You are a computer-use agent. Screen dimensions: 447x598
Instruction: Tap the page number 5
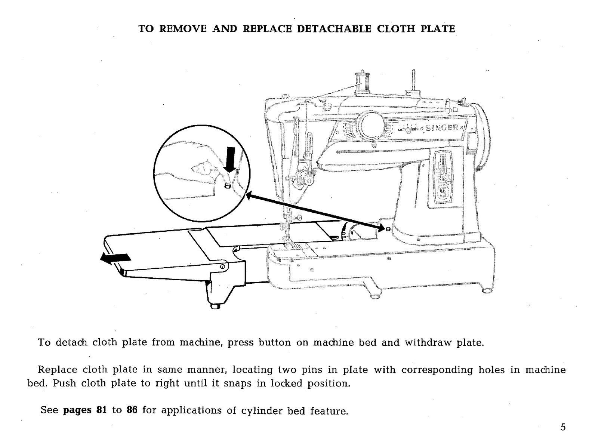click(x=563, y=428)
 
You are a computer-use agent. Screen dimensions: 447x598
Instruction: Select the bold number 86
click(x=132, y=410)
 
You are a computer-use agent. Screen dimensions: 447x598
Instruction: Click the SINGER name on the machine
click(x=444, y=128)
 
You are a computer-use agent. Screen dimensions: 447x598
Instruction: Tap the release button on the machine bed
click(x=388, y=229)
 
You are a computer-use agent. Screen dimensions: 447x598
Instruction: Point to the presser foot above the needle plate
click(x=290, y=243)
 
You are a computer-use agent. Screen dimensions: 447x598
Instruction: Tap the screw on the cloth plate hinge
click(x=223, y=266)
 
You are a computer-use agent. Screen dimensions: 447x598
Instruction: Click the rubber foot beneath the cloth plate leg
click(x=215, y=306)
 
